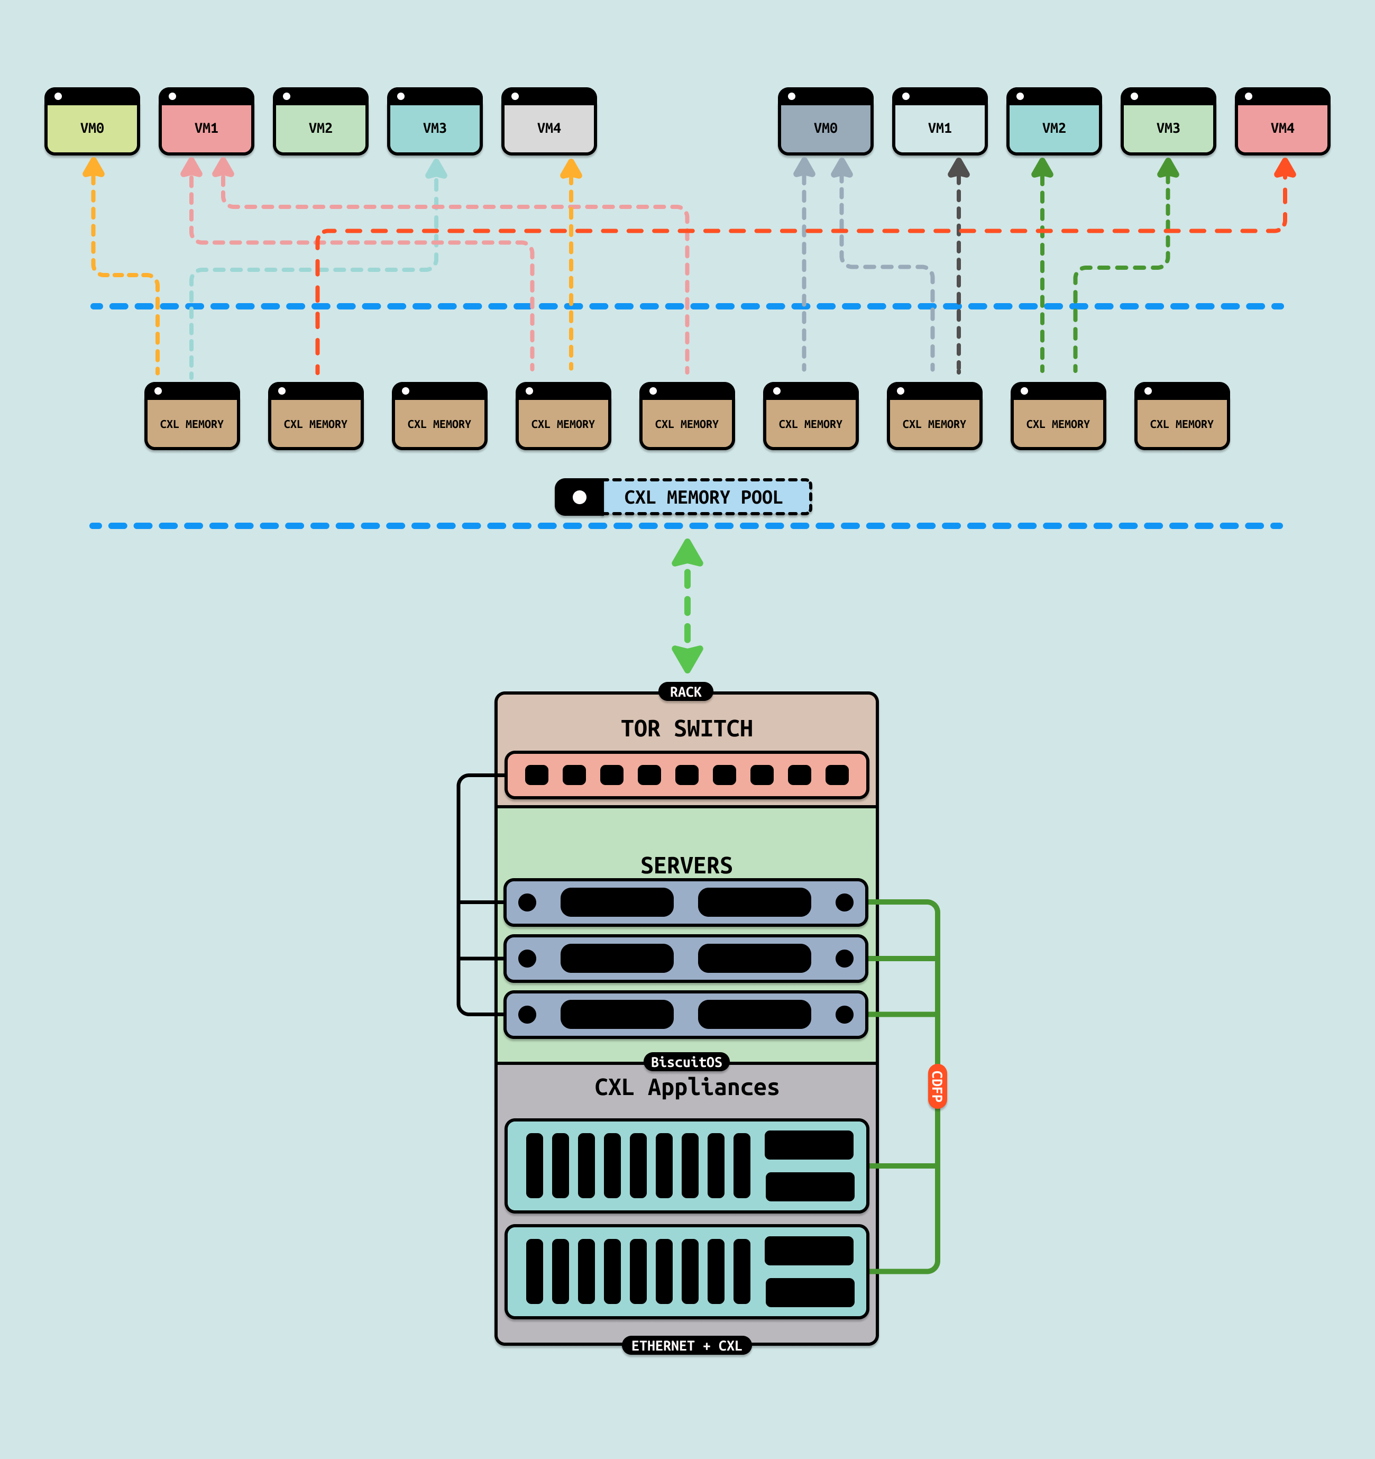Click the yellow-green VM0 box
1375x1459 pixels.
93,127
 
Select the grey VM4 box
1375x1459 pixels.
549,127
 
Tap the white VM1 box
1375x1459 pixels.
940,127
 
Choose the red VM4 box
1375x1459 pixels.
1282,127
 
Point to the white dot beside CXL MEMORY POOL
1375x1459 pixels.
580,498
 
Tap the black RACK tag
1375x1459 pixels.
686,692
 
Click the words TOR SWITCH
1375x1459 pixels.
687,729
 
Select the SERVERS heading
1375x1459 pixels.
687,865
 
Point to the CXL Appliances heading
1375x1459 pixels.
687,1087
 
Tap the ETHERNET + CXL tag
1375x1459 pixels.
687,1346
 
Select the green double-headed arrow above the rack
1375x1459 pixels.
687,606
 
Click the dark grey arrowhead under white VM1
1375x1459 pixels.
959,168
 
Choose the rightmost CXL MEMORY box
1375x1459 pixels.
1182,416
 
